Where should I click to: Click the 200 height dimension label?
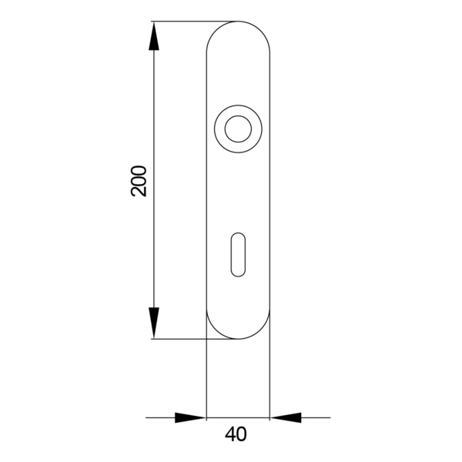pos(139,181)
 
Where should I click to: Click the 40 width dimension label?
pos(236,434)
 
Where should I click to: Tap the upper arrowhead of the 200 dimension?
pos(153,36)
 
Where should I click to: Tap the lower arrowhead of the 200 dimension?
pos(153,323)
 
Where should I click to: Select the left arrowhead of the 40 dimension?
pos(190,417)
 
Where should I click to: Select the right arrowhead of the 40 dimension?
pos(286,417)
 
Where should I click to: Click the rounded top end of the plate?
pos(238,22)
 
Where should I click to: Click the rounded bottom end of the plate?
pos(238,339)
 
